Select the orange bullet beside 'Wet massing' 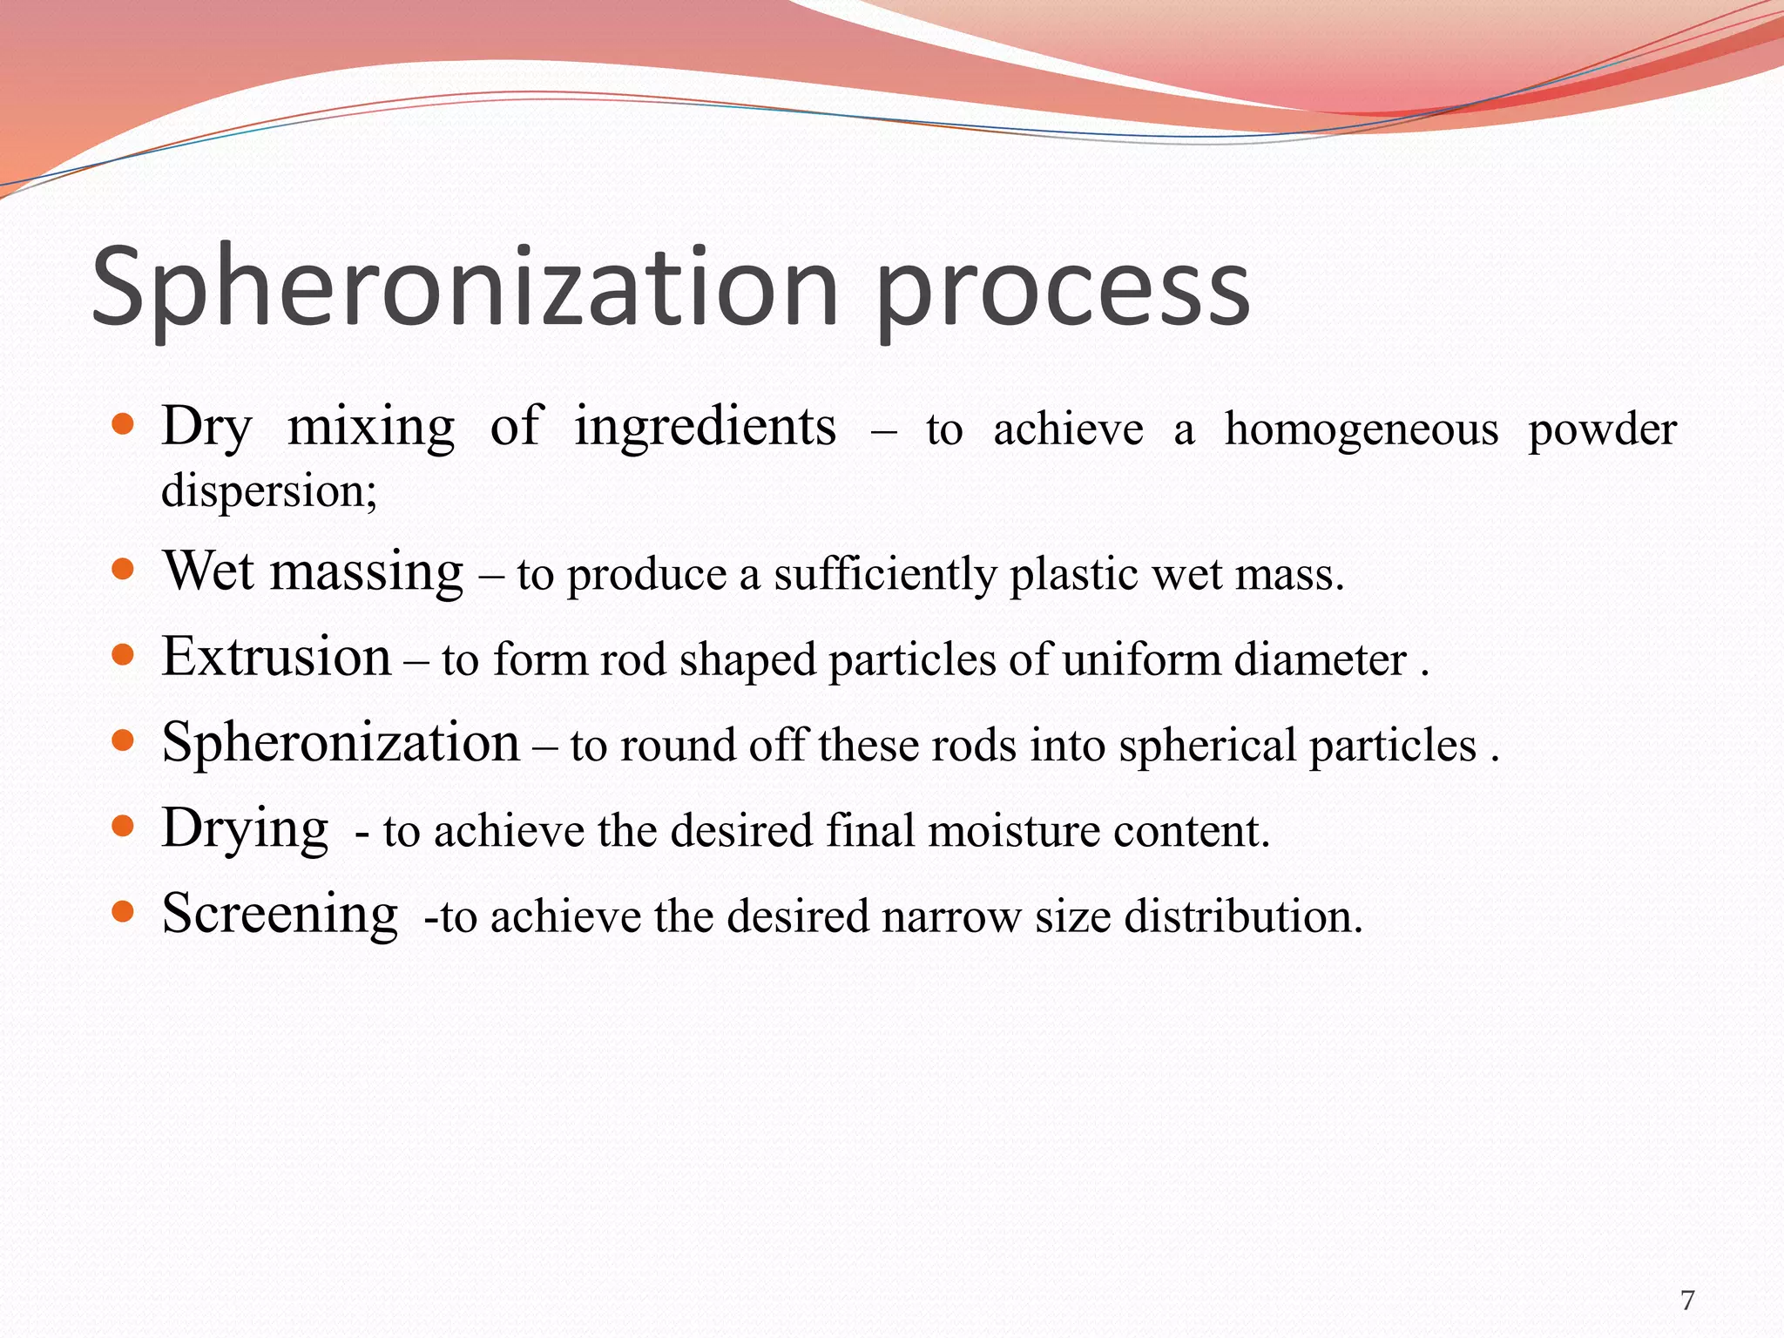click(124, 571)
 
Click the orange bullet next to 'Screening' click(124, 912)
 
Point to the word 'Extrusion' click(276, 656)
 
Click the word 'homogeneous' click(1361, 429)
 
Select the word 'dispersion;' click(269, 490)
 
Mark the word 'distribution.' click(1243, 916)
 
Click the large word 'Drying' click(245, 828)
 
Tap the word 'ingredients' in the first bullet click(705, 427)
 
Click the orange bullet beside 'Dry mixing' click(124, 425)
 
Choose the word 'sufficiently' click(885, 575)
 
